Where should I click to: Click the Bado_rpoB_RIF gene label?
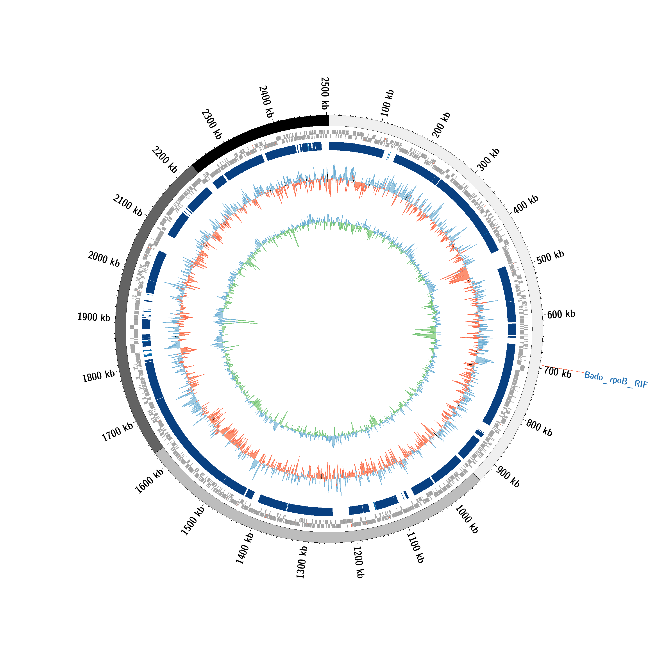click(615, 380)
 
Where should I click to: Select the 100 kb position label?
click(387, 103)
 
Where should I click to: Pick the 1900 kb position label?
click(94, 317)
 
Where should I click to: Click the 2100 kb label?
click(128, 205)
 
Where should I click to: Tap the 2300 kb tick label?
click(211, 124)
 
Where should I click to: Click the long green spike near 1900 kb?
click(238, 321)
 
